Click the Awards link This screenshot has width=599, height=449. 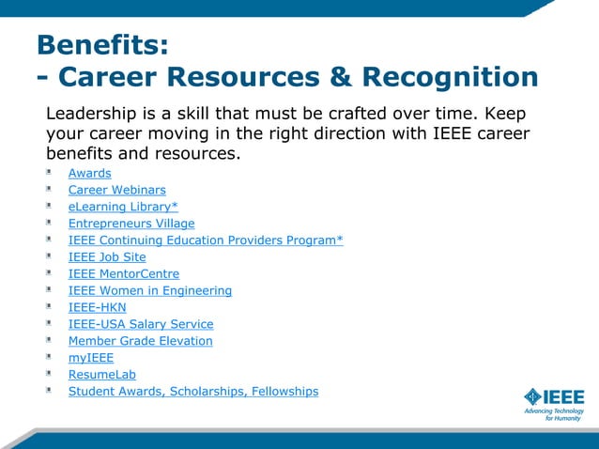coord(89,173)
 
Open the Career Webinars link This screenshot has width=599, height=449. coord(116,190)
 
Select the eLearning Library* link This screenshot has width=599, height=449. coord(123,207)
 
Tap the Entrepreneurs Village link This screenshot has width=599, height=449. coord(131,224)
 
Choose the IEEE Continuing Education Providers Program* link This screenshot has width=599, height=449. coord(206,240)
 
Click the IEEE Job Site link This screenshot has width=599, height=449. coord(107,256)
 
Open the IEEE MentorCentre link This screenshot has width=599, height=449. coord(124,273)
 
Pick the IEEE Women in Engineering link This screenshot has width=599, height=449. coord(150,290)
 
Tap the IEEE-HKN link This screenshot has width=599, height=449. coord(97,307)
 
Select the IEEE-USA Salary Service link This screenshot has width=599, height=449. coord(141,324)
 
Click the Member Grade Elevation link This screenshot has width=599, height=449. coord(141,341)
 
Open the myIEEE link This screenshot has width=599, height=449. coord(91,358)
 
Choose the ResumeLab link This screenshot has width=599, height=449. coord(102,375)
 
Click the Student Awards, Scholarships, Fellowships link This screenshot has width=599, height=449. coord(193,391)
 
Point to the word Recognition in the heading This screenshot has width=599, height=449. coord(450,77)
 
